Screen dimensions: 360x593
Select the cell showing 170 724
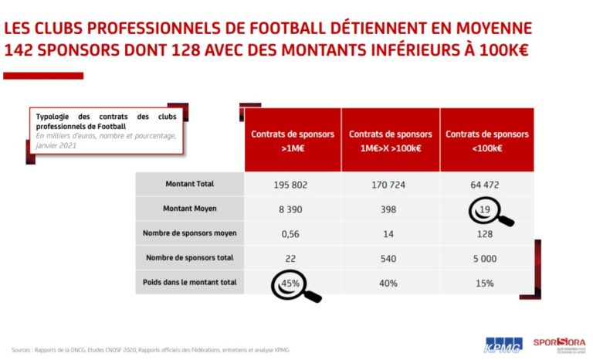pyautogui.click(x=389, y=185)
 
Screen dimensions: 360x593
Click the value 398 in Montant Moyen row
pyautogui.click(x=389, y=209)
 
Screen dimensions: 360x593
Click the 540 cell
pyautogui.click(x=389, y=258)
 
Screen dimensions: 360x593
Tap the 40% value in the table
pyautogui.click(x=389, y=284)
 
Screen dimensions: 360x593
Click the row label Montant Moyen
pyautogui.click(x=189, y=209)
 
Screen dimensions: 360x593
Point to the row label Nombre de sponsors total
pyautogui.click(x=189, y=258)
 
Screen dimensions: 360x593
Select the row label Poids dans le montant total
pyautogui.click(x=189, y=283)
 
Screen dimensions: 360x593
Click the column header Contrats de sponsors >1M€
pyautogui.click(x=292, y=139)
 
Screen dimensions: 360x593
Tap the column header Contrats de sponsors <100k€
pyautogui.click(x=486, y=139)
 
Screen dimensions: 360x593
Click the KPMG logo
pyautogui.click(x=503, y=345)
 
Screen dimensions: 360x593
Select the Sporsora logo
pyautogui.click(x=559, y=343)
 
